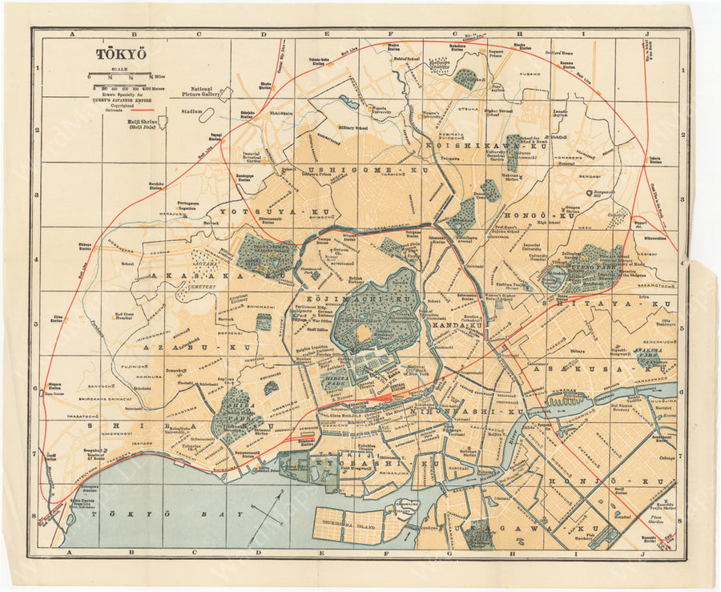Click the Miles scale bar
pyautogui.click(x=121, y=76)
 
